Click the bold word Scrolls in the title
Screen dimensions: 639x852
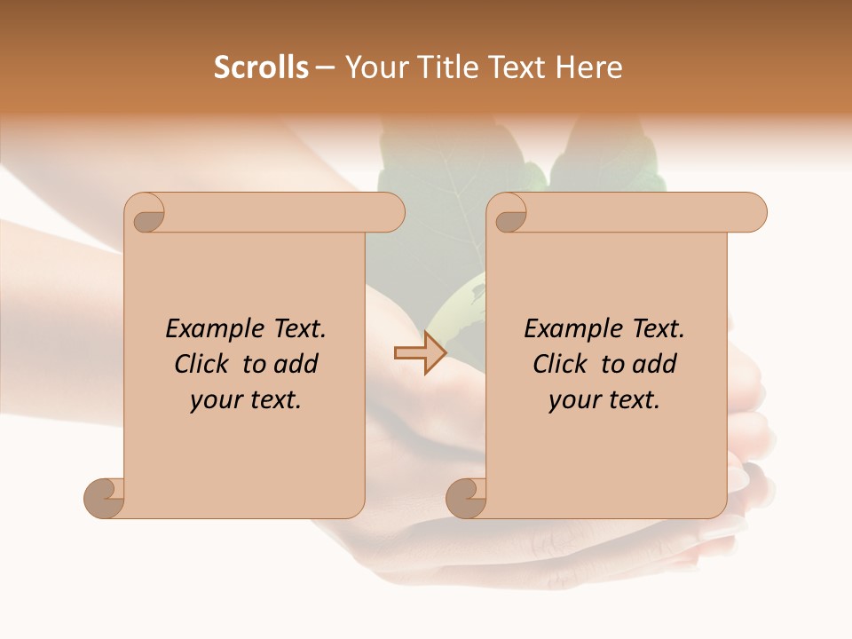coord(261,67)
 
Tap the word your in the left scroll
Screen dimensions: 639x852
coord(213,401)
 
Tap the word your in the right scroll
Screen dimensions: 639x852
coord(572,401)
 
